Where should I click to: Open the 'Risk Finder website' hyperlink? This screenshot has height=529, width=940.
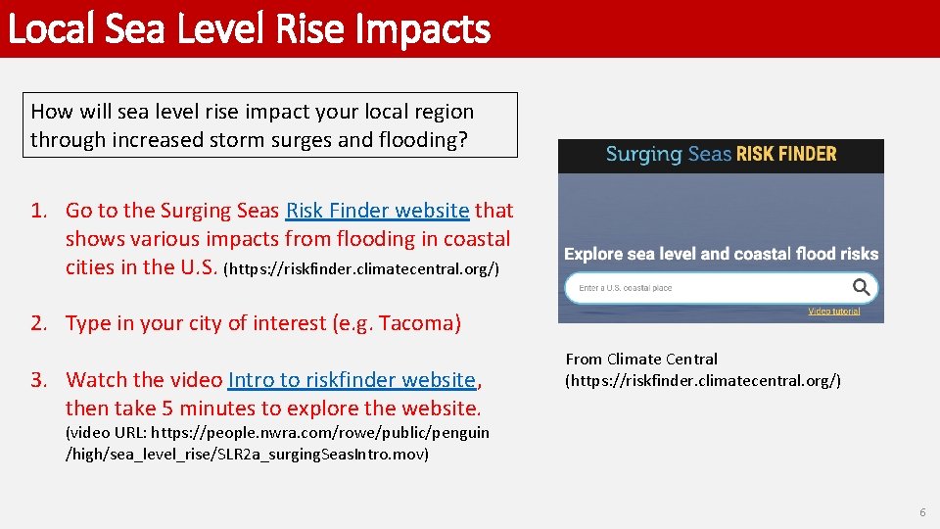377,211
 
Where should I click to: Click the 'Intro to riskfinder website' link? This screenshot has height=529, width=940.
352,380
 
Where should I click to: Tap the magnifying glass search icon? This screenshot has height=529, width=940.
861,288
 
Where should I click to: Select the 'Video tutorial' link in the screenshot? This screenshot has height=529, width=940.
833,312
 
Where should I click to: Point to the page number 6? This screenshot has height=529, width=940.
921,513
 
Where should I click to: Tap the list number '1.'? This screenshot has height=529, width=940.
39,211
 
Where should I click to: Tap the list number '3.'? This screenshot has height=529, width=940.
39,380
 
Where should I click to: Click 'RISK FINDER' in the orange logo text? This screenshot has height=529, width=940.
786,154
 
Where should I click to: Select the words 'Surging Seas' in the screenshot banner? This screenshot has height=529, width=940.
669,154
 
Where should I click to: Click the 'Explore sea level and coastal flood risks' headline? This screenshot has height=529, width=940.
721,254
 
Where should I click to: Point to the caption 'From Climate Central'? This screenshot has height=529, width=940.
641,360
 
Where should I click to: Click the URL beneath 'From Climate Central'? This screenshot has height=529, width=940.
703,380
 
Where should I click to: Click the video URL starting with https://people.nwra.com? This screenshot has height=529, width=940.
277,443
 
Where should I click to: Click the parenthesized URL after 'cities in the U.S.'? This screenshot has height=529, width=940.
361,268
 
